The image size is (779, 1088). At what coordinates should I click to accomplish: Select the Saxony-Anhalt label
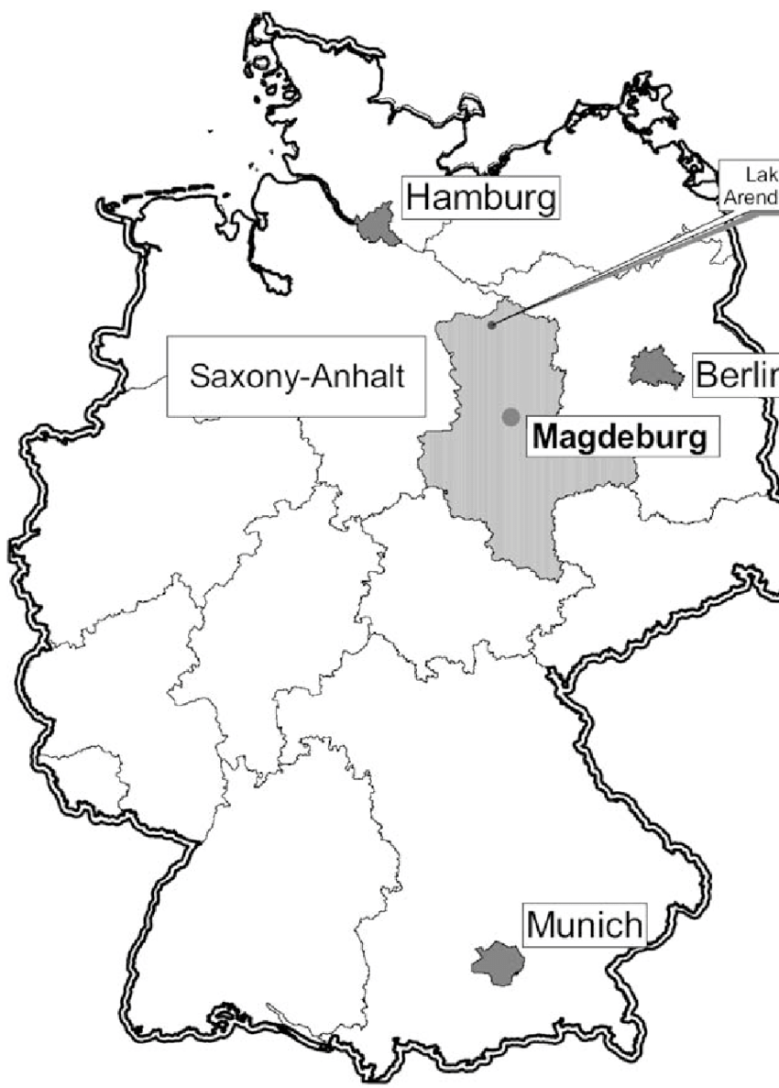[x=296, y=376]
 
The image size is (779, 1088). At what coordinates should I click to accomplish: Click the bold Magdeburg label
[x=620, y=436]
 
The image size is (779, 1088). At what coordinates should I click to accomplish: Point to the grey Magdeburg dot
[x=510, y=417]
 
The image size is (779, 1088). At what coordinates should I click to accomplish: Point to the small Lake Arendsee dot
[x=492, y=324]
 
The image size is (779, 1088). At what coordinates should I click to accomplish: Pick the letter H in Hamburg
[x=418, y=198]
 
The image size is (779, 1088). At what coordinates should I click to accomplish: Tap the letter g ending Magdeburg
[x=697, y=439]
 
